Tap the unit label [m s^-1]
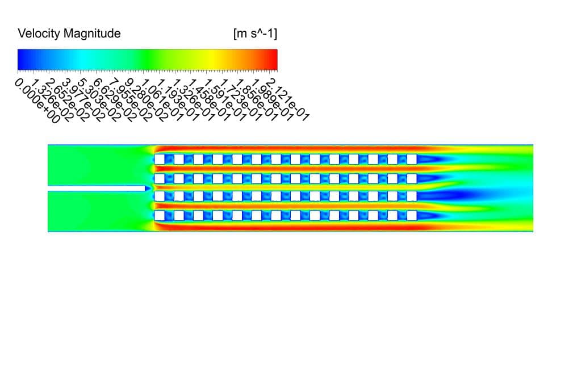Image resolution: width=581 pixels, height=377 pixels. coord(255,33)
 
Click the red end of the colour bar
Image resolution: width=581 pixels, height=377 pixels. coord(273,59)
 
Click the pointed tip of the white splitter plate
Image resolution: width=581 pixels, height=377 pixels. coord(148,187)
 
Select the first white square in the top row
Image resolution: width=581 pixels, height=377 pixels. coord(160,159)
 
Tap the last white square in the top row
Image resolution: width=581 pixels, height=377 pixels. coord(411,159)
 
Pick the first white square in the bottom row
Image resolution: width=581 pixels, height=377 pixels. coord(160,216)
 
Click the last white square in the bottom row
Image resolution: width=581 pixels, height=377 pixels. coord(411,216)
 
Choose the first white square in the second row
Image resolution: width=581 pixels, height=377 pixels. coord(160,178)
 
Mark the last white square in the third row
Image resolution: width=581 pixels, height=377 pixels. coord(411,196)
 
